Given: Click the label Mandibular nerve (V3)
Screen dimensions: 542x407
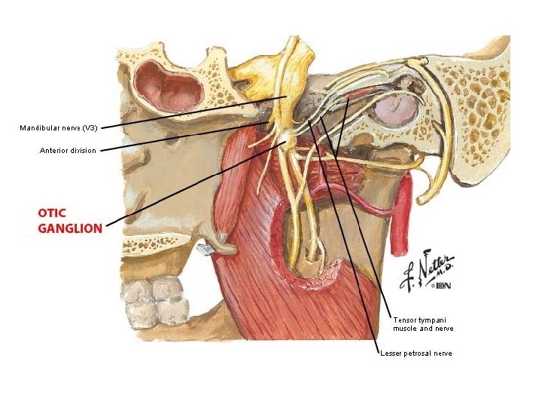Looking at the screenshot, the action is (x=58, y=127).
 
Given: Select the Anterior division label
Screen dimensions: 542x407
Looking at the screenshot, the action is (x=68, y=151).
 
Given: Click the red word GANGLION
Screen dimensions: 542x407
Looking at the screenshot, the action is (x=70, y=228).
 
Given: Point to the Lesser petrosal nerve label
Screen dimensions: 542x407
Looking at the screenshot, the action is (x=416, y=353).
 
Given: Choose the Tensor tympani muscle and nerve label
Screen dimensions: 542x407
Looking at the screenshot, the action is (x=422, y=324).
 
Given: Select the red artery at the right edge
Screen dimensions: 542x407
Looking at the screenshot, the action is (x=404, y=203).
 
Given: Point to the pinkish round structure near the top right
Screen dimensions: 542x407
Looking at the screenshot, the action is (x=396, y=110).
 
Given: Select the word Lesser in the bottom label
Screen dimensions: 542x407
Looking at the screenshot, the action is (x=392, y=353).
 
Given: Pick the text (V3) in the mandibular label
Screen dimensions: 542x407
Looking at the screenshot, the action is (x=88, y=127).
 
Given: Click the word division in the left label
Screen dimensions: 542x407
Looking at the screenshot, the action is (x=82, y=151).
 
